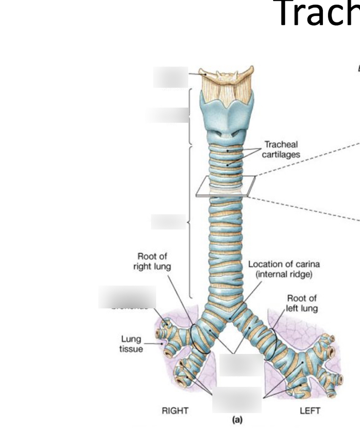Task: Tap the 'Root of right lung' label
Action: (152, 262)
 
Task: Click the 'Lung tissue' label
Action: (131, 344)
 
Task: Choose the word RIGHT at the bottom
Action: (175, 410)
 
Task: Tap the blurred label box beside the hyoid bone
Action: (171, 77)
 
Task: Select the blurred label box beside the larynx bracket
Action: (168, 115)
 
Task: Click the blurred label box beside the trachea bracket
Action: (168, 221)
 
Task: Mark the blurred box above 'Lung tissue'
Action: (127, 297)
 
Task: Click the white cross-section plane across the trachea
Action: (225, 186)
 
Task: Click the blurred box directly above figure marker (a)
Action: (237, 399)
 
